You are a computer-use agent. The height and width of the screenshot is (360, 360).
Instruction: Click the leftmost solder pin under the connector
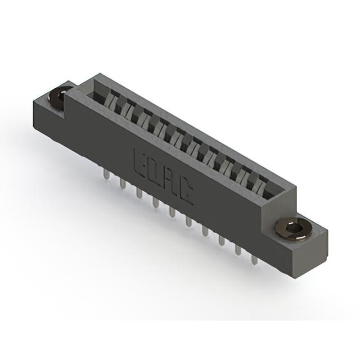pyautogui.click(x=106, y=174)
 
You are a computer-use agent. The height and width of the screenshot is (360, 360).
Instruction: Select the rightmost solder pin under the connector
pyautogui.click(x=254, y=260)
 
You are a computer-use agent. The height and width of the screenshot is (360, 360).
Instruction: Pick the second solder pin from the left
pyautogui.click(x=123, y=184)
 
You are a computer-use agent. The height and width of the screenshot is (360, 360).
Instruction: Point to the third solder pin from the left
pyautogui.click(x=139, y=193)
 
